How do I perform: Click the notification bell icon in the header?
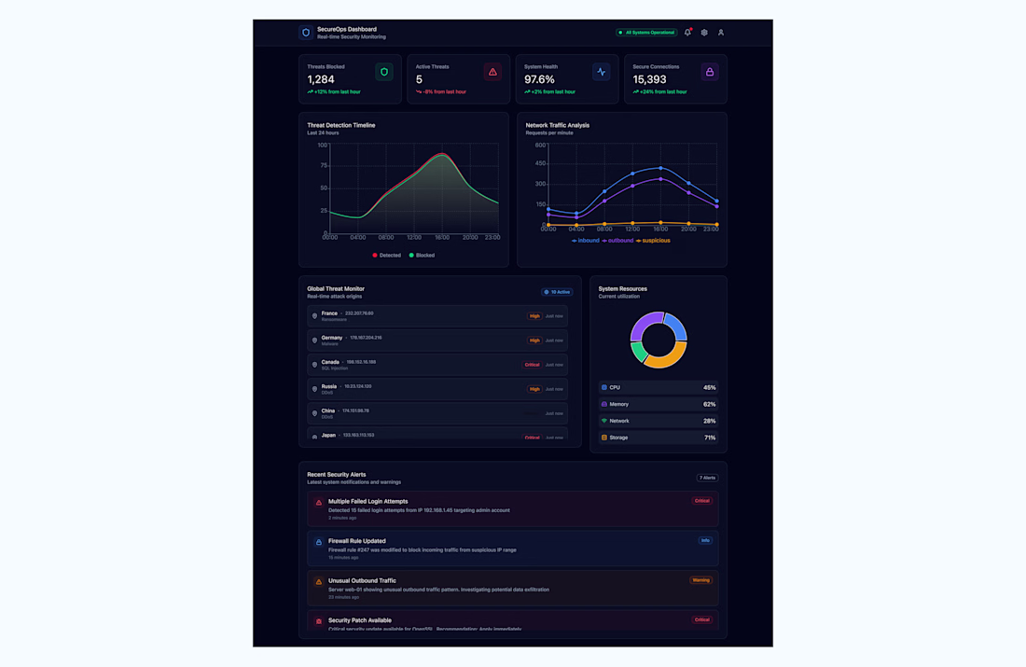coord(687,33)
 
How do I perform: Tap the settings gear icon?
coord(704,33)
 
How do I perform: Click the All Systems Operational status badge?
coord(646,33)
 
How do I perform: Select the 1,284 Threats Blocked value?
coord(321,79)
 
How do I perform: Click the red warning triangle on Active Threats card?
coord(492,72)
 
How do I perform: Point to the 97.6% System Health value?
coord(539,79)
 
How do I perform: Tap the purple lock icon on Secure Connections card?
coord(710,72)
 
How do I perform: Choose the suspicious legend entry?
coord(653,241)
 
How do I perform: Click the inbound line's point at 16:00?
coord(660,169)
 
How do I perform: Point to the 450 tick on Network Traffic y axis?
coord(540,163)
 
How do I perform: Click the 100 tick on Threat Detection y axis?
coord(323,145)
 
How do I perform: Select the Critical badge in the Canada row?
coord(532,365)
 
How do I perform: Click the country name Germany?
coord(332,338)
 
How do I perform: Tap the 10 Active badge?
coord(557,292)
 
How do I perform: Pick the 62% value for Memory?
coord(709,404)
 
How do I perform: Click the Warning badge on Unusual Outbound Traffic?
coord(700,580)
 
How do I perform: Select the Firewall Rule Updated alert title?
coord(356,541)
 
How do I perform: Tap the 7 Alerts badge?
coord(707,478)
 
